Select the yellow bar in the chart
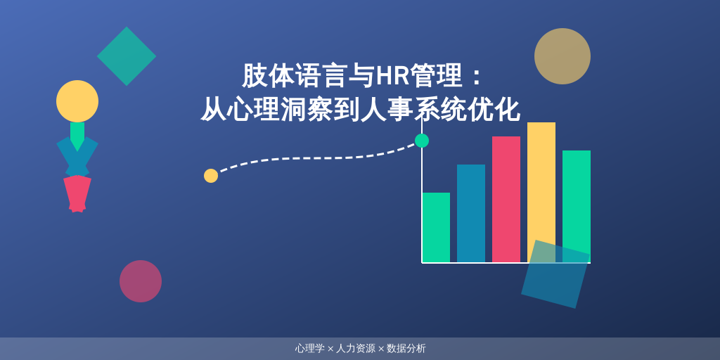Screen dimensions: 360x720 (x=541, y=183)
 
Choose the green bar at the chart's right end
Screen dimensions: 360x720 (x=577, y=197)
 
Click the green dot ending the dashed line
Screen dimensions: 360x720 (x=422, y=141)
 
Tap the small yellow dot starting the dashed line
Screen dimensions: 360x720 (x=211, y=176)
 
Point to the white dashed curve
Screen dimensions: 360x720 (x=316, y=157)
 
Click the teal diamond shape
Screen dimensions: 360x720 (x=127, y=56)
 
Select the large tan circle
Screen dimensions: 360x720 (x=562, y=56)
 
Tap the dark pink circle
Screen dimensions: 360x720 (x=141, y=281)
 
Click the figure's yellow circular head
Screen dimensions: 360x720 (x=77, y=101)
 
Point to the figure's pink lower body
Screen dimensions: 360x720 (x=77, y=193)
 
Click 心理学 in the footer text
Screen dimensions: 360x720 (x=309, y=348)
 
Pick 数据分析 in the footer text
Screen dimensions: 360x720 (x=406, y=348)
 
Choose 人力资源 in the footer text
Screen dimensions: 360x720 (x=356, y=348)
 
